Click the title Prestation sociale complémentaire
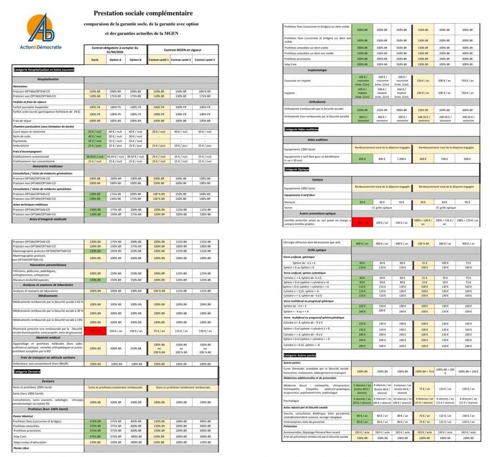[143, 13]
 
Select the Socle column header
[95, 59]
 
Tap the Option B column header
[135, 59]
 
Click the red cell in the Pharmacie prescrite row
[95, 331]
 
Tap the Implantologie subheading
[317, 70]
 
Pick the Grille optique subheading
[317, 250]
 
